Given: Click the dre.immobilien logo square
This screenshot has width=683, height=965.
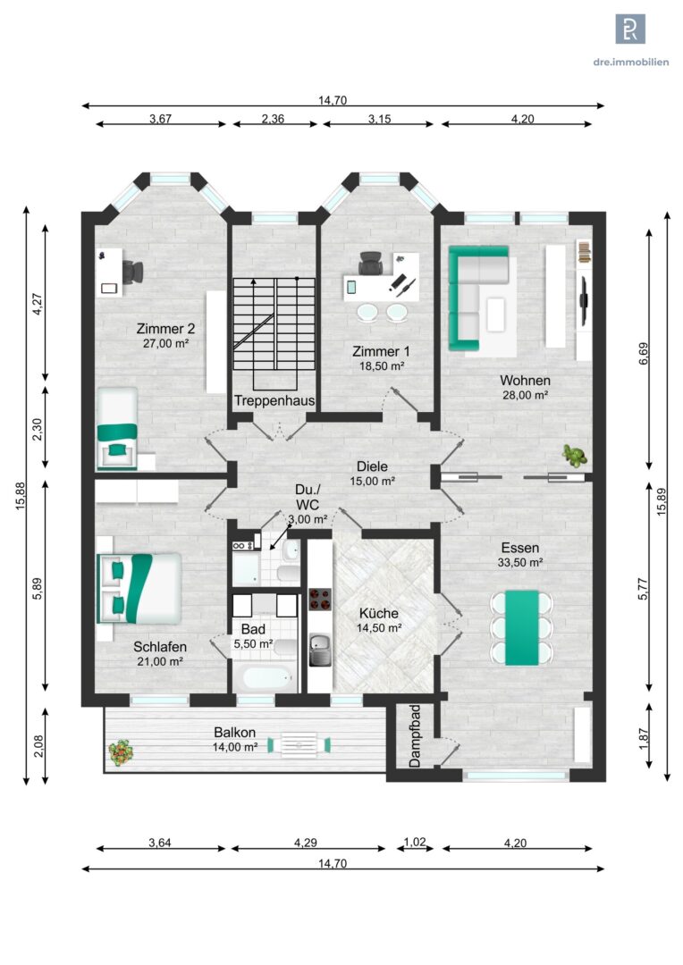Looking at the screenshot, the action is click(630, 29).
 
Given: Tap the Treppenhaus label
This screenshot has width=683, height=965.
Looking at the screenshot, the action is click(274, 400).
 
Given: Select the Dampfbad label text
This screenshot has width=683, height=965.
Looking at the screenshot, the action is click(415, 736).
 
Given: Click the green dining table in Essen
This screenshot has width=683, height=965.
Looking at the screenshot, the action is click(522, 628).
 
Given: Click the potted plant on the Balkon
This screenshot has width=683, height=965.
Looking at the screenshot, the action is click(121, 752).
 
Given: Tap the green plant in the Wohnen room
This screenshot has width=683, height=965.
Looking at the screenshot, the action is click(574, 456).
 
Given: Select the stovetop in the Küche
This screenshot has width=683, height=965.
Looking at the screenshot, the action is click(320, 598).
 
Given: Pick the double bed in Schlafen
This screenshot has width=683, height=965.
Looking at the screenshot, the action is click(139, 588).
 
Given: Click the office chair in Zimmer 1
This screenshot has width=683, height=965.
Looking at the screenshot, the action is click(371, 264).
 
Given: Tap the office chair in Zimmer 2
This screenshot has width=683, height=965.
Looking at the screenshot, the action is click(133, 272).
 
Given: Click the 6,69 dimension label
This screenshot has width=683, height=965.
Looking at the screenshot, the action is click(644, 354).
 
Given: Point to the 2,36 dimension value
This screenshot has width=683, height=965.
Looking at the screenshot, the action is click(273, 119).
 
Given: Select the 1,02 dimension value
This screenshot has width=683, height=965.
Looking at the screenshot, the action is click(415, 842).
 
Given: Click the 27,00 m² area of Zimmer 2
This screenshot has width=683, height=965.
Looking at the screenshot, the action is click(165, 343).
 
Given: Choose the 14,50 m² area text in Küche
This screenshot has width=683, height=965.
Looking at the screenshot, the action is click(379, 628).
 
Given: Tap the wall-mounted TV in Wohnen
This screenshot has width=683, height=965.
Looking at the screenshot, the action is click(584, 300).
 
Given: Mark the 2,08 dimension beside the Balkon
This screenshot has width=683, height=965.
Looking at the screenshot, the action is click(38, 746).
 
